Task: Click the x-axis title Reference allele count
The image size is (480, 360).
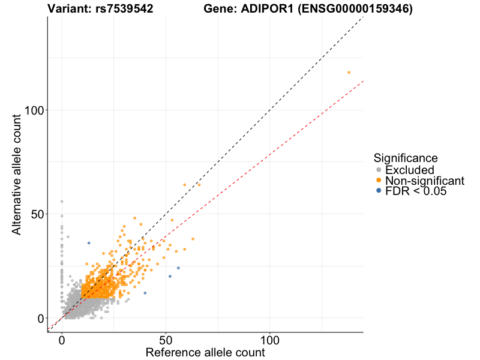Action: click(x=205, y=353)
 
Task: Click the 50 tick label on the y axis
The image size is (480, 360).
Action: click(x=36, y=214)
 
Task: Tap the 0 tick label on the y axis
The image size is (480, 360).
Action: click(x=40, y=318)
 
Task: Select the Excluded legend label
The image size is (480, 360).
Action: click(x=409, y=170)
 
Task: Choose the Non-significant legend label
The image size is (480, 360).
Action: click(x=424, y=181)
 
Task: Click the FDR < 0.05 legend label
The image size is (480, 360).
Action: click(x=416, y=191)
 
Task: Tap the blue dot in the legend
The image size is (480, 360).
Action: click(x=378, y=191)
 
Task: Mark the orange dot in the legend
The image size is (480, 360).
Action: click(x=378, y=181)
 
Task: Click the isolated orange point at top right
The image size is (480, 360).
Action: click(x=349, y=73)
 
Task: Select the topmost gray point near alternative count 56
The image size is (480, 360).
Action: click(x=62, y=202)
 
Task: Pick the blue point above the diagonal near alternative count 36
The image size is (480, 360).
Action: click(x=89, y=243)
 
